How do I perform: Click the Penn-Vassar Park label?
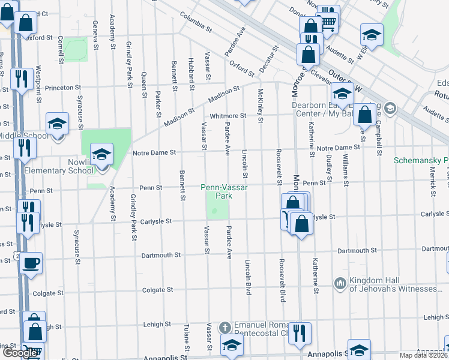[224, 191]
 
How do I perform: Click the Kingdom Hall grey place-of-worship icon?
[340, 282]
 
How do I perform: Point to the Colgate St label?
[157, 290]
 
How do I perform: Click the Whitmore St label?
[228, 116]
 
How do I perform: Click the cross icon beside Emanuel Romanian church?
[225, 328]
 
